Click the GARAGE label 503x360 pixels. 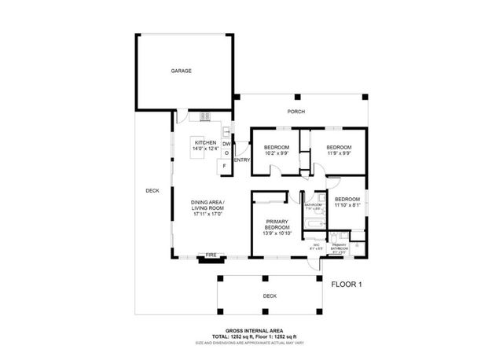point(182,71)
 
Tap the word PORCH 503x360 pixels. point(296,112)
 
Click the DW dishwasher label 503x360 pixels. point(226,144)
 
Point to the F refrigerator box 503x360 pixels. point(226,166)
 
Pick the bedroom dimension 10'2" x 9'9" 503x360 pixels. point(276,152)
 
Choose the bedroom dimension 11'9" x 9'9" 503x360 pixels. point(338,152)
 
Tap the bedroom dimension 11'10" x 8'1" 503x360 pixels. point(346,206)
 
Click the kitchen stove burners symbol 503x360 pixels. point(206,117)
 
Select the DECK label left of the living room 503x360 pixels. point(152,190)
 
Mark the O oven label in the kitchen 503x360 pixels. point(226,154)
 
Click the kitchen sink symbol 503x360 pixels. point(226,131)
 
